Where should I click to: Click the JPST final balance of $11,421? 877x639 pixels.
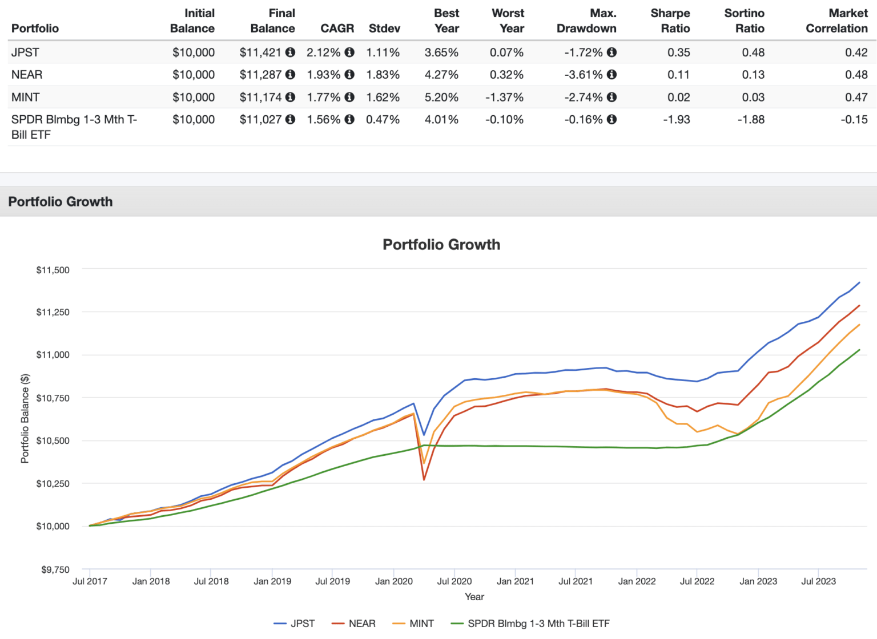click(260, 52)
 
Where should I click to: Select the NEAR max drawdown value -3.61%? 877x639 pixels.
click(584, 75)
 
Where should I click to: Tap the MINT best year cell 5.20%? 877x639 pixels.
click(441, 98)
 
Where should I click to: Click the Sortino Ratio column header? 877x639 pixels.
click(744, 21)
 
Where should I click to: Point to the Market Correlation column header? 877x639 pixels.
click(836, 21)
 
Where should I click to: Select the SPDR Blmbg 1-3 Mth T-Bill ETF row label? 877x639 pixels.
click(74, 127)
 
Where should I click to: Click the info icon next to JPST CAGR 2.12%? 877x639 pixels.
click(349, 52)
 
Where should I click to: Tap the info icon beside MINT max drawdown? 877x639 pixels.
click(612, 98)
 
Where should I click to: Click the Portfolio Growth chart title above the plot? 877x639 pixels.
click(441, 245)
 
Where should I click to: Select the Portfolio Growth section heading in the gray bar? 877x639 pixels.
click(61, 202)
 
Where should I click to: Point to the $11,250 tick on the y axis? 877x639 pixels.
click(53, 312)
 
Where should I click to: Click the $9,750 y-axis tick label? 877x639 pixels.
click(55, 569)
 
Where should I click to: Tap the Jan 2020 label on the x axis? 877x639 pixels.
click(393, 581)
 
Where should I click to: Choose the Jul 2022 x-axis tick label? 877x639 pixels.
click(697, 581)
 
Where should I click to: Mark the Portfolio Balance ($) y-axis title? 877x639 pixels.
click(25, 419)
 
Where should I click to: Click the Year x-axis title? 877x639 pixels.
click(474, 597)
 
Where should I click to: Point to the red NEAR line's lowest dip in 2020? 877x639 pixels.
click(424, 479)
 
